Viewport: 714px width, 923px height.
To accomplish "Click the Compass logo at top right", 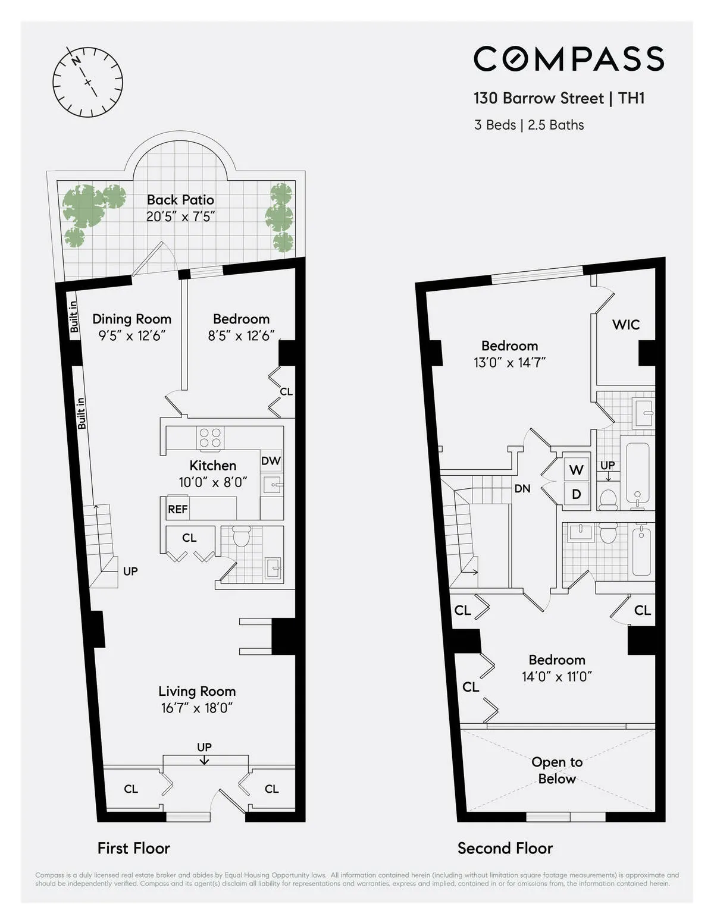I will click(568, 59).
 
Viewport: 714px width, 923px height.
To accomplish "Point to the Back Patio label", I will click(180, 200).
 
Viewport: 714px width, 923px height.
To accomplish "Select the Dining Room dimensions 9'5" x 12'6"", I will click(131, 335).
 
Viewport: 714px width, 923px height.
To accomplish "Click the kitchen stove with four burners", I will click(210, 438).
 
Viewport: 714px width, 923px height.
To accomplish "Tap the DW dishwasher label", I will click(271, 461).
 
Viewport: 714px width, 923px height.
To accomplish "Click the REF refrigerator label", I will click(177, 509).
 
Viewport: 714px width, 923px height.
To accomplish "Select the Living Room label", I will click(197, 691).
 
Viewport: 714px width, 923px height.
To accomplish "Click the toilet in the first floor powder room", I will click(242, 536).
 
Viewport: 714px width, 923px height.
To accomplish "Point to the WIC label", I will click(626, 325).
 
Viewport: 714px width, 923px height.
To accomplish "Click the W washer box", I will click(576, 470).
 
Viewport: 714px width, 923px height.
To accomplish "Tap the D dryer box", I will click(576, 494).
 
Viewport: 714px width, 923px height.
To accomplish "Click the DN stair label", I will click(522, 489).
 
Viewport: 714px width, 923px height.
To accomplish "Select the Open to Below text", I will click(557, 770).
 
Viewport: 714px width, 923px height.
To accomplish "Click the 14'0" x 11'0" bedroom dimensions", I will click(557, 677).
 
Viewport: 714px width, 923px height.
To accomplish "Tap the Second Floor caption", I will click(505, 848).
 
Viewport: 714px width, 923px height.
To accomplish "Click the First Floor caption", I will click(134, 848).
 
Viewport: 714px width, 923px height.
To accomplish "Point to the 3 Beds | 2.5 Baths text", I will click(529, 125).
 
